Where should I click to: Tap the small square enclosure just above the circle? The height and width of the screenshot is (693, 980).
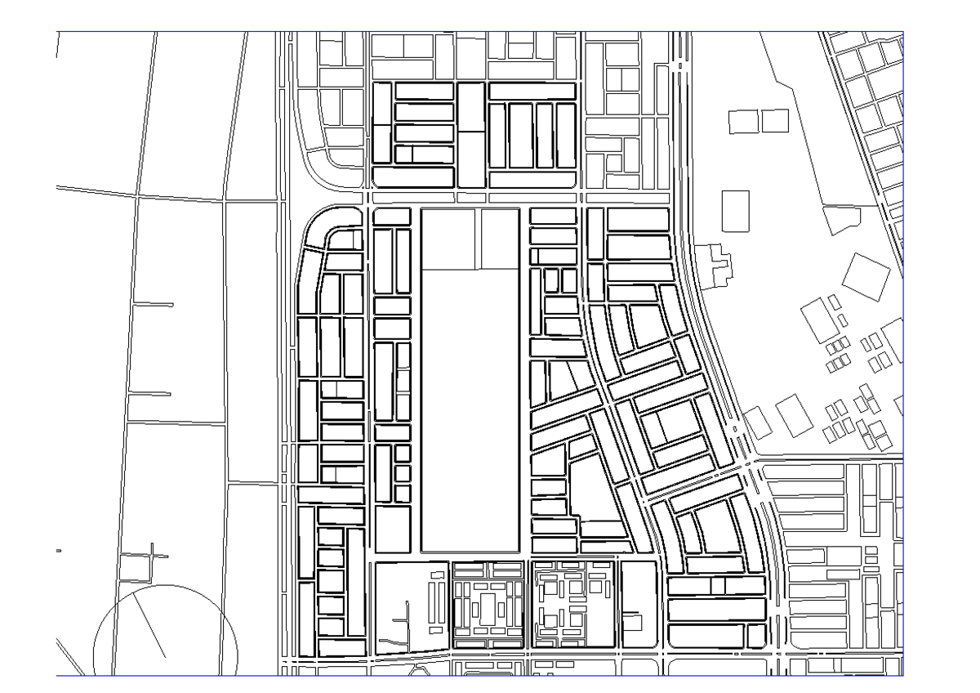(136, 566)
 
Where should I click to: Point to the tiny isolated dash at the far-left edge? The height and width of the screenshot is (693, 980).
(59, 552)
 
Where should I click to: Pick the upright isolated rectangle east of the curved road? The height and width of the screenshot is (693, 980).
(736, 210)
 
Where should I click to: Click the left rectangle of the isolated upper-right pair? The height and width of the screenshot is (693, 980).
(742, 121)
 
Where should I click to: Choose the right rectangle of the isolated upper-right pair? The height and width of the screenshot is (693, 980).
(775, 120)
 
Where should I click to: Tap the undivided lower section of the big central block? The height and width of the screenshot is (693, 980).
(470, 409)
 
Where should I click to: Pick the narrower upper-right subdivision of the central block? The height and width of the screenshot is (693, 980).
(499, 239)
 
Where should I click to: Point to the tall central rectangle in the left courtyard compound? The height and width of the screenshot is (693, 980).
(488, 610)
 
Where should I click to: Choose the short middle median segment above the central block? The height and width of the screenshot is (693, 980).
(471, 197)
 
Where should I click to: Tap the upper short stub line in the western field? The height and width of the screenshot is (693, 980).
(153, 305)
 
